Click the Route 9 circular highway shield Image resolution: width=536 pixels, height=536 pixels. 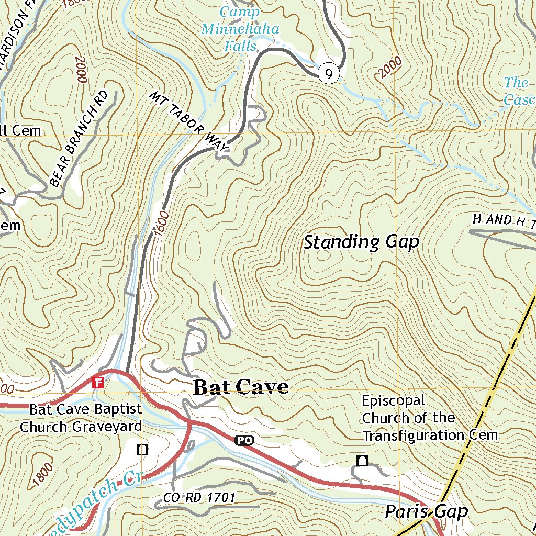point(328,74)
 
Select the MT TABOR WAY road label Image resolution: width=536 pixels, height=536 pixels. point(189,122)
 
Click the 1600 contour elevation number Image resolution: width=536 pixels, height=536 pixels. point(162,222)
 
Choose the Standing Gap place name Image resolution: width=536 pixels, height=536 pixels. point(362,242)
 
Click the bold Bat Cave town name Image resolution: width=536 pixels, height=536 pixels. point(241,387)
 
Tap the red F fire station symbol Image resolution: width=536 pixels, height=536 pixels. point(97,382)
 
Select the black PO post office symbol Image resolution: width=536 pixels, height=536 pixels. point(243,441)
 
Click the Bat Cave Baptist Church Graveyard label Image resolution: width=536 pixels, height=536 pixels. point(81,418)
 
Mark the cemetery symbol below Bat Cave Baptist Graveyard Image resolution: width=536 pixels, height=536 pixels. point(142,449)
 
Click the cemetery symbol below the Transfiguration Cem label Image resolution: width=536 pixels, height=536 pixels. point(362,461)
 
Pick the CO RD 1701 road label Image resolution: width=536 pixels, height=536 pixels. point(199,497)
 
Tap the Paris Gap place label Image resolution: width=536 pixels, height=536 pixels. point(426,511)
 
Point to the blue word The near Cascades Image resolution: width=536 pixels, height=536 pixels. point(516,83)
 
